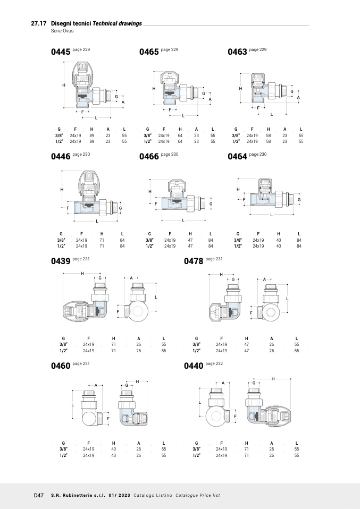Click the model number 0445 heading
coord(61,52)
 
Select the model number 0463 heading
coord(237,52)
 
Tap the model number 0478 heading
coord(194,261)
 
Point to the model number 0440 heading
coord(194,366)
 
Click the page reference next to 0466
coord(170,154)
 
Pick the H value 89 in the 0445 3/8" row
coord(91,135)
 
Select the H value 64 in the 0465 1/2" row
coord(180,141)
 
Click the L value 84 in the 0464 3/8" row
coord(299,240)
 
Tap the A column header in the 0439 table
coord(139,338)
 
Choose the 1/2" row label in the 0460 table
coord(63,455)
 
